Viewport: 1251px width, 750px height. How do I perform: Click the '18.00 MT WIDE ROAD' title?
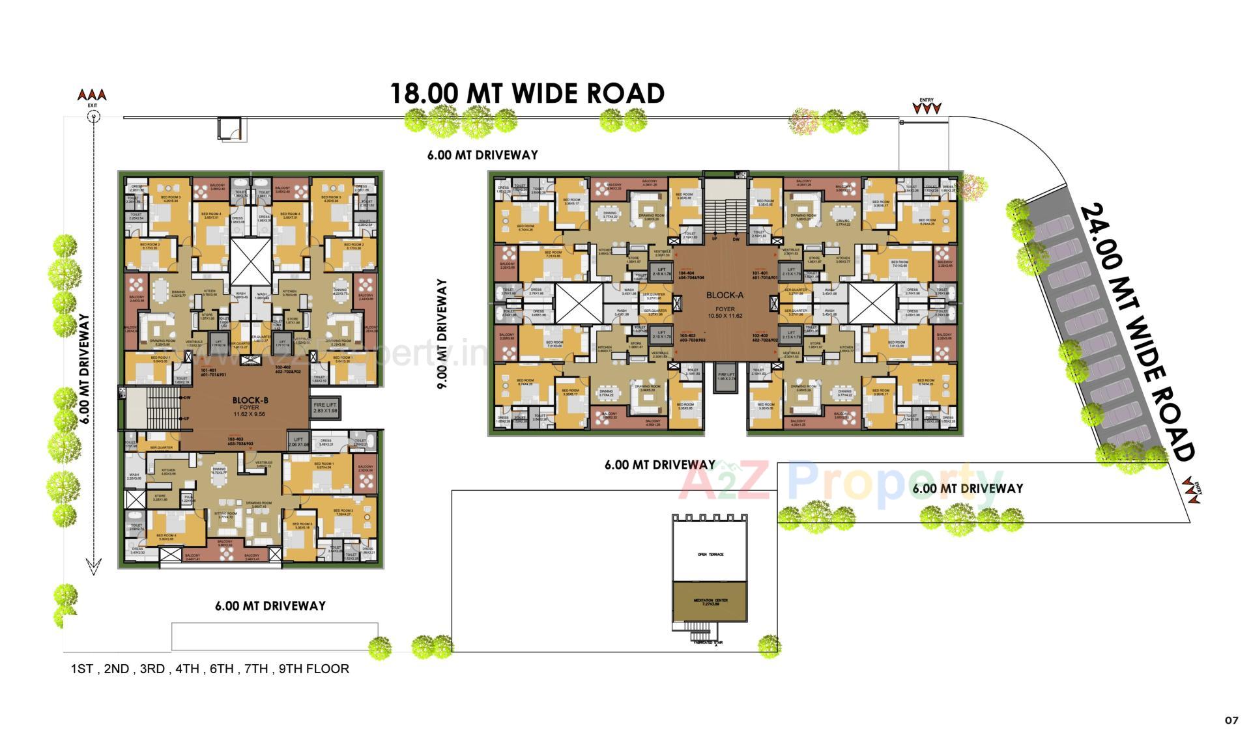tap(526, 94)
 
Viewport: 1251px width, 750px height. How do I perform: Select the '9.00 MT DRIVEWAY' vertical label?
tap(443, 334)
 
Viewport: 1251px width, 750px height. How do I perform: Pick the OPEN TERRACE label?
tap(710, 554)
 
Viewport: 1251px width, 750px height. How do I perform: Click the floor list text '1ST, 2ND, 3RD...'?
tap(210, 669)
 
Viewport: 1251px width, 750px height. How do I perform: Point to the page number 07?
tap(1231, 720)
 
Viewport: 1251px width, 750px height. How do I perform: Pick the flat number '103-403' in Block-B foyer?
tap(240, 441)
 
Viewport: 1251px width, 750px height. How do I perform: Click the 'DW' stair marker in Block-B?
tap(187, 397)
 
